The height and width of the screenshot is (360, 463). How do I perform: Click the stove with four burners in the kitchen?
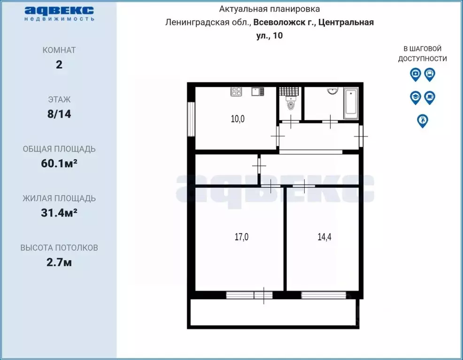[236, 92]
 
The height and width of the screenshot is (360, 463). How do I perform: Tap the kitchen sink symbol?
[256, 92]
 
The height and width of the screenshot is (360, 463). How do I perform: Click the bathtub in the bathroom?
[350, 103]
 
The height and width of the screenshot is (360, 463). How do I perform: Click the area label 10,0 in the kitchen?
[238, 119]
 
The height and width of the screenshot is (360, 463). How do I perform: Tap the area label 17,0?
[241, 237]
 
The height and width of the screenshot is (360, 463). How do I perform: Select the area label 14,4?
[324, 237]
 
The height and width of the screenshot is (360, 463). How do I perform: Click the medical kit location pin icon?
[415, 74]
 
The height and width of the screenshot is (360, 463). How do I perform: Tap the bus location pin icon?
[429, 74]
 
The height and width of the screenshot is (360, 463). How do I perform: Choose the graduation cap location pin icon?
[415, 97]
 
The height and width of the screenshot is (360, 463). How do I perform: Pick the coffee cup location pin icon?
[429, 97]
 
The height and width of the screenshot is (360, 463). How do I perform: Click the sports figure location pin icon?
[423, 121]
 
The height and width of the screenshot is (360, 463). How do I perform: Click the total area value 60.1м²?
[59, 163]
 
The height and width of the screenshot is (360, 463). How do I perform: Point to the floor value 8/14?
[59, 114]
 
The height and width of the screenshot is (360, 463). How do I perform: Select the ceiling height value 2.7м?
[59, 262]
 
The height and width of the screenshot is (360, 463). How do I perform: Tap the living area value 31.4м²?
[59, 213]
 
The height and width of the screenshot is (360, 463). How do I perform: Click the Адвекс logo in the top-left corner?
[59, 13]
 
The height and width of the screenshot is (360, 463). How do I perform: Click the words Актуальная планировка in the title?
[270, 9]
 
